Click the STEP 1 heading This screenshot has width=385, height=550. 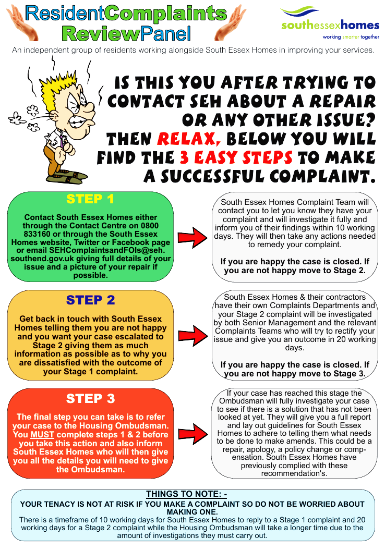pos(90,199)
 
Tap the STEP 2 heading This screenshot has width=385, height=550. pos(90,300)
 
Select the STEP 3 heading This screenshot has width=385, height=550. pos(90,399)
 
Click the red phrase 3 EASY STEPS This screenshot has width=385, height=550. pos(236,157)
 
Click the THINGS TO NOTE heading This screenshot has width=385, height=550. pos(186,494)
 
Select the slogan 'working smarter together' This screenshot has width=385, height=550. pos(351,37)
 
